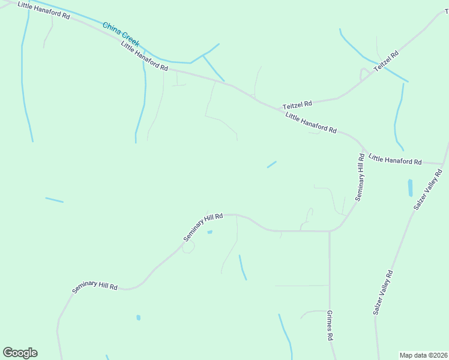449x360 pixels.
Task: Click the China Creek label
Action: coord(121,35)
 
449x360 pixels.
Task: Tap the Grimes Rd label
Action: coord(330,326)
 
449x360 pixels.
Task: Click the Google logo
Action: coord(20,353)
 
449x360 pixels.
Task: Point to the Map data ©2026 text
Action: coord(423,355)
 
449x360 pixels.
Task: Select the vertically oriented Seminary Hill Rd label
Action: coord(360,177)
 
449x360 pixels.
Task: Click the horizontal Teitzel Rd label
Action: coord(298,103)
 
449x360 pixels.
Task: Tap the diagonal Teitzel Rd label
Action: coord(387,62)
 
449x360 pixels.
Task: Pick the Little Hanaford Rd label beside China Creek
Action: coord(143,57)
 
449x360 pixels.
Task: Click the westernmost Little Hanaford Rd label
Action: coord(44,11)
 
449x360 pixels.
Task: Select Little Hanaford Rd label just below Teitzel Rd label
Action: coord(311,123)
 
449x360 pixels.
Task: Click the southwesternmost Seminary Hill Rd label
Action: coord(95,280)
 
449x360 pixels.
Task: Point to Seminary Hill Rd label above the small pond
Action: coord(203,227)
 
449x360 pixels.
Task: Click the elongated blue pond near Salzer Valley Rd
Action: coord(411,188)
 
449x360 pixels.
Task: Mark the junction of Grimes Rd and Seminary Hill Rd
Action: coord(330,231)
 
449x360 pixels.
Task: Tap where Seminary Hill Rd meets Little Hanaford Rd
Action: coord(363,148)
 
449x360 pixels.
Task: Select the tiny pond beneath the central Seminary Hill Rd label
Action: coord(209,233)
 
